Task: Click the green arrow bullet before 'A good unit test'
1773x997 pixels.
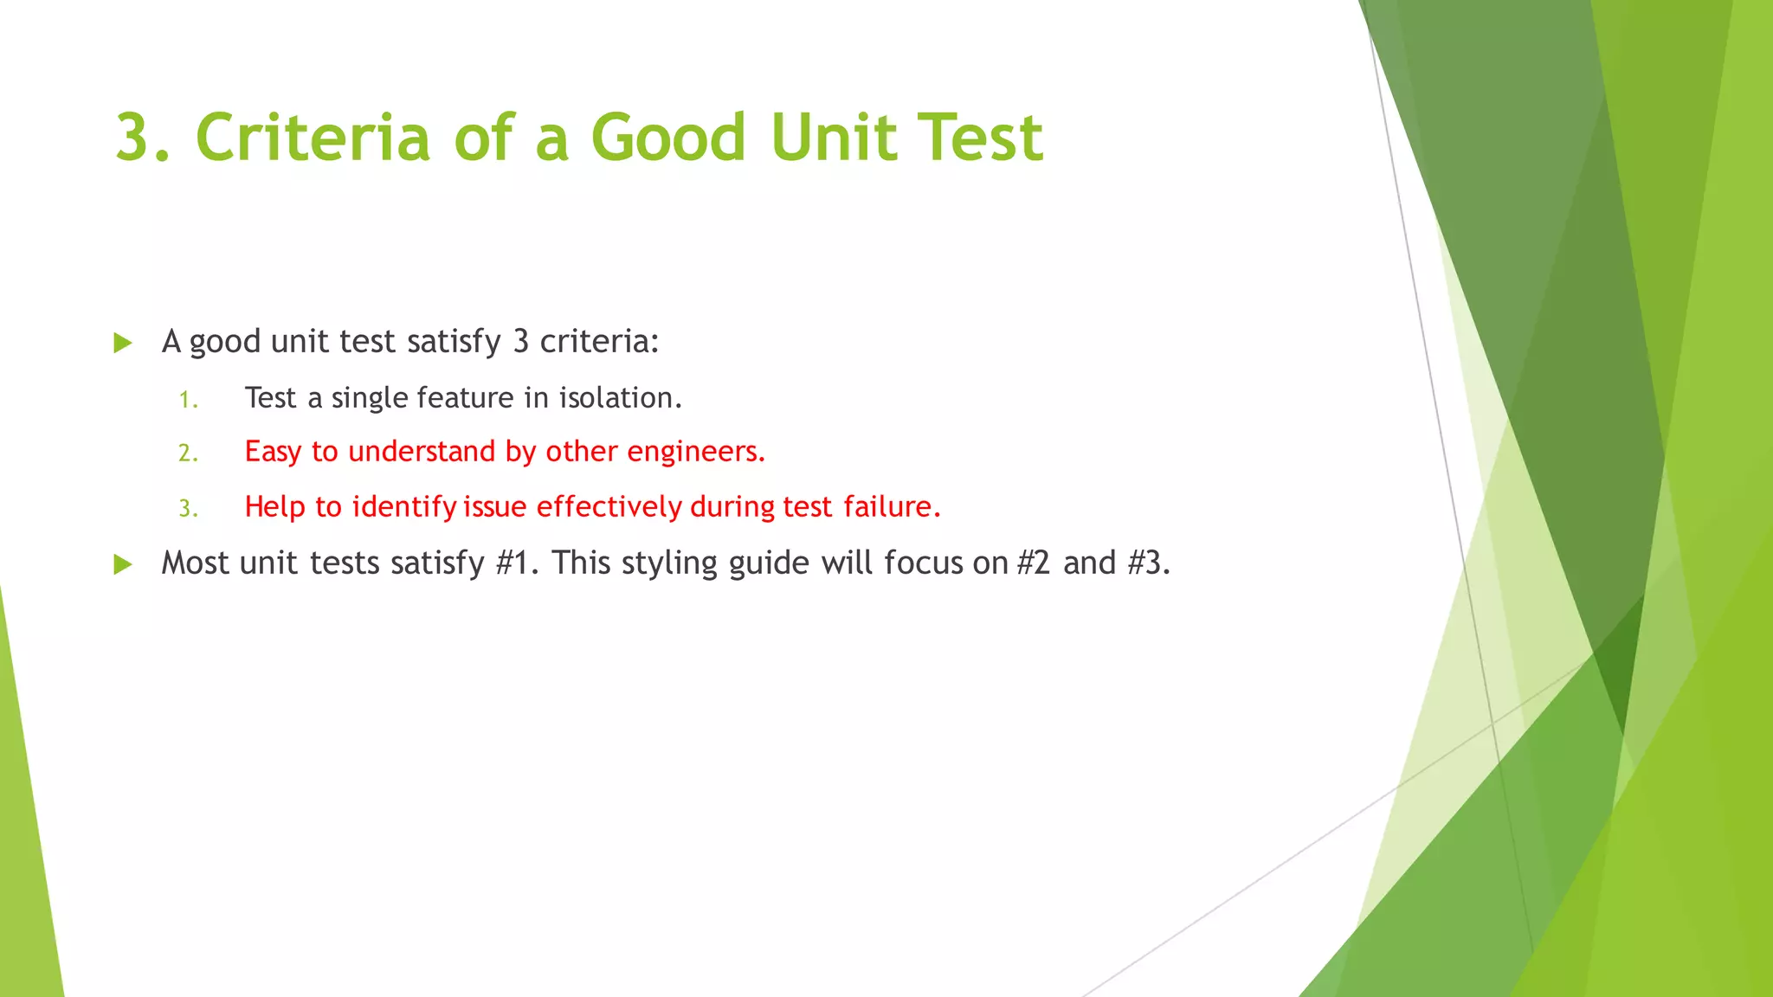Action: click(123, 343)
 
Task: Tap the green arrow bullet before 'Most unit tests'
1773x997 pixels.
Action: click(123, 564)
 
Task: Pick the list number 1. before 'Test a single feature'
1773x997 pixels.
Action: click(189, 400)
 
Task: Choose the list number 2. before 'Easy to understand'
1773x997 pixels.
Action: click(189, 453)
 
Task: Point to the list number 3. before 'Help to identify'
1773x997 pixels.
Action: click(189, 509)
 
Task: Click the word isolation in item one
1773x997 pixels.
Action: click(620, 397)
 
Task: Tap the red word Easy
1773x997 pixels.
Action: click(273, 452)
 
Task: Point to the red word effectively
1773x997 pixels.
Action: click(609, 506)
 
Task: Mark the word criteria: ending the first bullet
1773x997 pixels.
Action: click(599, 341)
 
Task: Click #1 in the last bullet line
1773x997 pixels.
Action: click(517, 563)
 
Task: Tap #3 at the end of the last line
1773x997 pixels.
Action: click(1149, 563)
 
